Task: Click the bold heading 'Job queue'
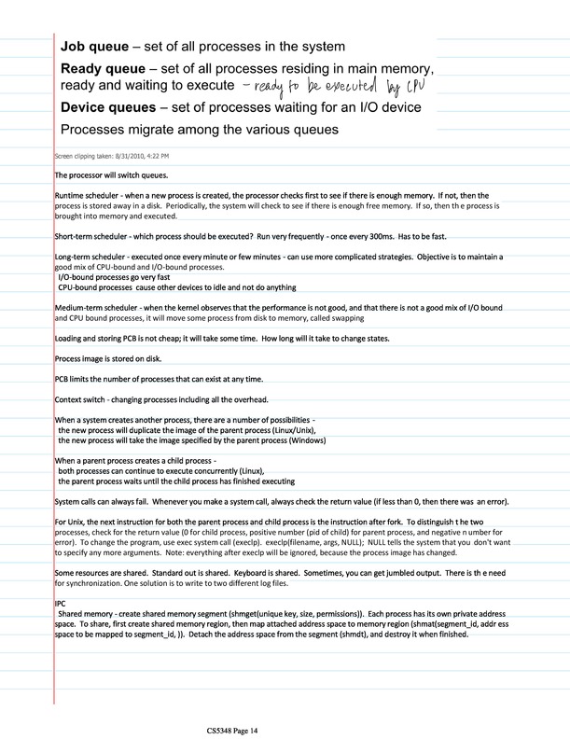pyautogui.click(x=96, y=46)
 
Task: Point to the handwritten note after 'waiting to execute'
pyautogui.click(x=334, y=88)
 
